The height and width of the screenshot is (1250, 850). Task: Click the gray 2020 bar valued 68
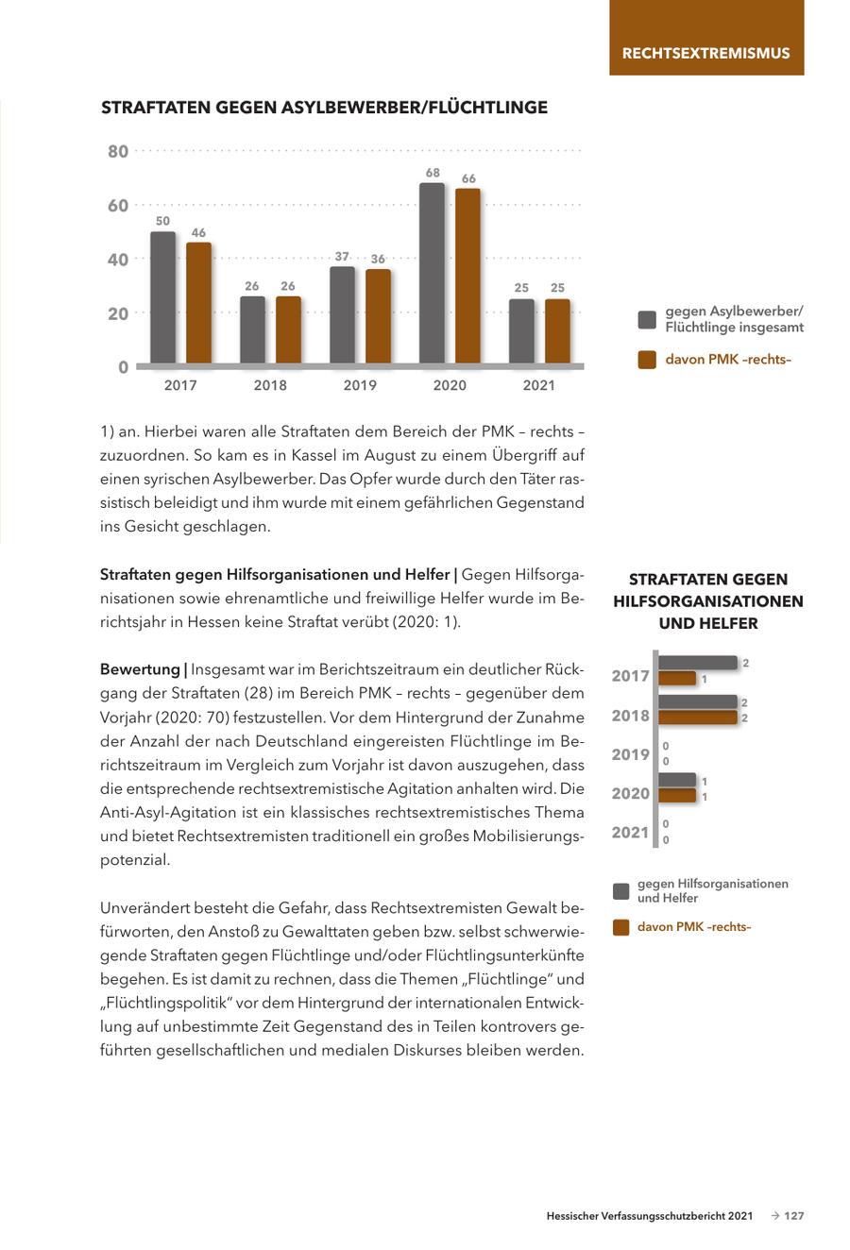tap(432, 274)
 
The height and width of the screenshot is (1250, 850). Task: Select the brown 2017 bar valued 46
tap(198, 303)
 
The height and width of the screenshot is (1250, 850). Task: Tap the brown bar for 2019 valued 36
tap(378, 316)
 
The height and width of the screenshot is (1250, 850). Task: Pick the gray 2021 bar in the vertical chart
tap(521, 331)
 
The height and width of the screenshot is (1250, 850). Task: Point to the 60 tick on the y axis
tap(117, 206)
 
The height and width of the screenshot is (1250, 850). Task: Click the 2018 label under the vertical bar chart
tap(270, 385)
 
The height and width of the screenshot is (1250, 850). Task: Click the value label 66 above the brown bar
tap(468, 178)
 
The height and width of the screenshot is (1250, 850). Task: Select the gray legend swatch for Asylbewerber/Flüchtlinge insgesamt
tap(647, 319)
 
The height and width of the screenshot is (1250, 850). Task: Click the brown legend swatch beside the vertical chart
tap(647, 360)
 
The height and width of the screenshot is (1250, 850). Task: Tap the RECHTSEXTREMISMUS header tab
tap(705, 53)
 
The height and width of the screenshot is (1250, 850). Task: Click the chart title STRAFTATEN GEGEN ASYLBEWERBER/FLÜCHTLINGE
tap(324, 108)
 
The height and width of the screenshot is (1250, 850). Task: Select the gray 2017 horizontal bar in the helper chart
tap(697, 663)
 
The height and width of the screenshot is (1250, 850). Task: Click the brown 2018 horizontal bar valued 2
tap(697, 718)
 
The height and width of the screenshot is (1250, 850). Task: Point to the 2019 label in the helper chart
tap(630, 754)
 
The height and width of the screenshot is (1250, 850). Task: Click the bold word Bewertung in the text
tap(140, 669)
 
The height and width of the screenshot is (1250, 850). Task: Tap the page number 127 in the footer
tap(794, 1216)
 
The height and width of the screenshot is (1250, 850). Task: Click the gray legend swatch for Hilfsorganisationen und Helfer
tap(620, 890)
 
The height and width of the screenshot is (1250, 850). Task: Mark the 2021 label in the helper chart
tap(630, 832)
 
